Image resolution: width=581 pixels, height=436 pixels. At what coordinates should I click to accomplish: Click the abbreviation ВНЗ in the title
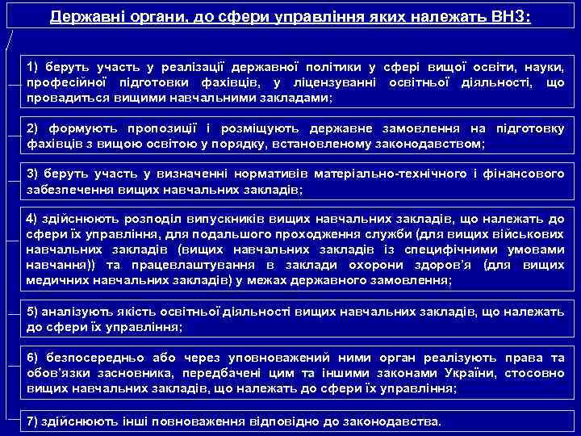tap(509, 16)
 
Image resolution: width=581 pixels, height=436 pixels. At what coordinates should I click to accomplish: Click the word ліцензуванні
tap(340, 84)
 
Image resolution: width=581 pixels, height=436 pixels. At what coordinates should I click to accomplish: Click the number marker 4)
tap(32, 220)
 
